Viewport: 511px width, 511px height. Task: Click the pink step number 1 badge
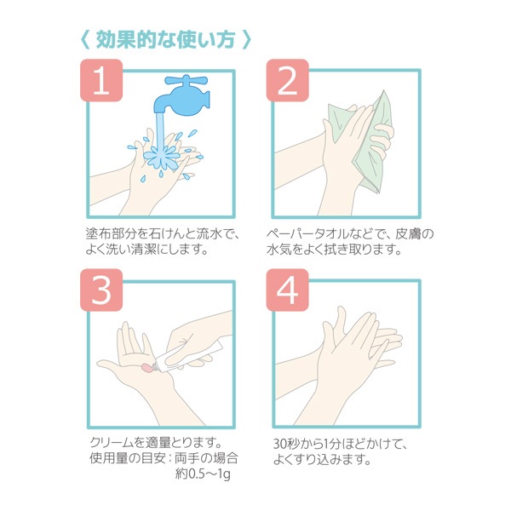(101, 80)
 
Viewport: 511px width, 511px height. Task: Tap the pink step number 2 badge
(288, 80)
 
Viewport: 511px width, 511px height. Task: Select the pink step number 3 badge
(101, 290)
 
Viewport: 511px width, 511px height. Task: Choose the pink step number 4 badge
(288, 290)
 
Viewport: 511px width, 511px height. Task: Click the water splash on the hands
(162, 158)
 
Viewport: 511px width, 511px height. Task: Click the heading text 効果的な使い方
(165, 40)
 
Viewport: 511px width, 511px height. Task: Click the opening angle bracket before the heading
(85, 40)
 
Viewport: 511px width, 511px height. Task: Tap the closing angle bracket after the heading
(247, 40)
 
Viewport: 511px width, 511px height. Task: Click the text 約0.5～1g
(203, 474)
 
